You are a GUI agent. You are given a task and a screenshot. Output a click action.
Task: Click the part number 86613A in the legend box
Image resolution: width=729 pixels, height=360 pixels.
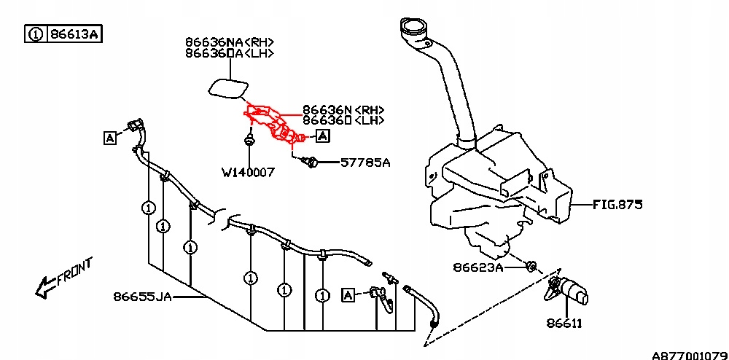click(74, 34)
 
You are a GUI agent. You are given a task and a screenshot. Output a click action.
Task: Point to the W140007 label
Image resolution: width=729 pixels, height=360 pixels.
click(249, 173)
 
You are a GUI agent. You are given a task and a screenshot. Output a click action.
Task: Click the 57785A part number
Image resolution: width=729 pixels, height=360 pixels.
click(365, 163)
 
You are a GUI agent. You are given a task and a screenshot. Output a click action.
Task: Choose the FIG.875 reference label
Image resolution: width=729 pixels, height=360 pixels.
click(617, 206)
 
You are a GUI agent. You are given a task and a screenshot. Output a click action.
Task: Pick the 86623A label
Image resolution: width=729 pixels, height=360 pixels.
click(477, 267)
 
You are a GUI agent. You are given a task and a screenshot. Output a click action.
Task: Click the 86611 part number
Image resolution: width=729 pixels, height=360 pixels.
click(564, 322)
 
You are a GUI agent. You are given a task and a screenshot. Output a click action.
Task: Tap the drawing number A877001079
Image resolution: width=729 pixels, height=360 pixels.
click(687, 355)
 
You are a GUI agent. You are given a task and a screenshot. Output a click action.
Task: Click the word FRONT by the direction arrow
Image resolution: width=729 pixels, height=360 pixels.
click(74, 271)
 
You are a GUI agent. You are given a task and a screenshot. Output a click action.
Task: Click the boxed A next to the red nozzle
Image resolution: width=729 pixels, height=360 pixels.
click(323, 136)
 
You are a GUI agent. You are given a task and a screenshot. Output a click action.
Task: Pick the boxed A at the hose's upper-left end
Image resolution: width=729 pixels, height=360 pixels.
click(110, 137)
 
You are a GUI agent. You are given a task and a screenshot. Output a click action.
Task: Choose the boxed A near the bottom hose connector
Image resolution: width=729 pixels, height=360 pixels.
click(348, 295)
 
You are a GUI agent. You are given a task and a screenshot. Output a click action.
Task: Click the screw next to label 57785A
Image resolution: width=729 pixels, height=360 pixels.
click(311, 163)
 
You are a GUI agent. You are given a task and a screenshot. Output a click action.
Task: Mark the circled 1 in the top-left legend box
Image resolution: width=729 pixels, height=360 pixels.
click(35, 34)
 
